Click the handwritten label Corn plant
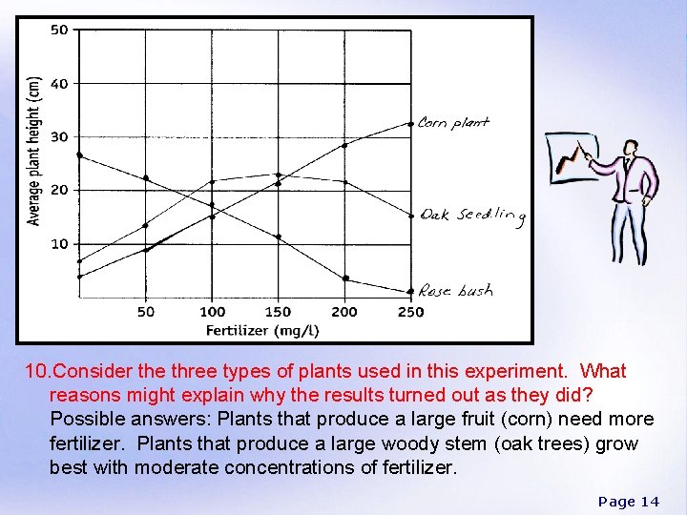coord(454,122)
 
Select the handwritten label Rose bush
coord(456,291)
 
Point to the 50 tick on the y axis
coord(59,30)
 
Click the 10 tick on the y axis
coord(59,244)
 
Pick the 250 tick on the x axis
coord(410,312)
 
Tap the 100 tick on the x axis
coord(212,312)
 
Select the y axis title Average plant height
coord(34,150)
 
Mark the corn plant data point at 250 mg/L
coord(411,123)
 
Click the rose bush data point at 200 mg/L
coord(344,278)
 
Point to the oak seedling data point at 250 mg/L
coord(411,216)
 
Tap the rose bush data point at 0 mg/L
coord(79,154)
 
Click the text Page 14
coord(628,501)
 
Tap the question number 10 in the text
coord(36,371)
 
